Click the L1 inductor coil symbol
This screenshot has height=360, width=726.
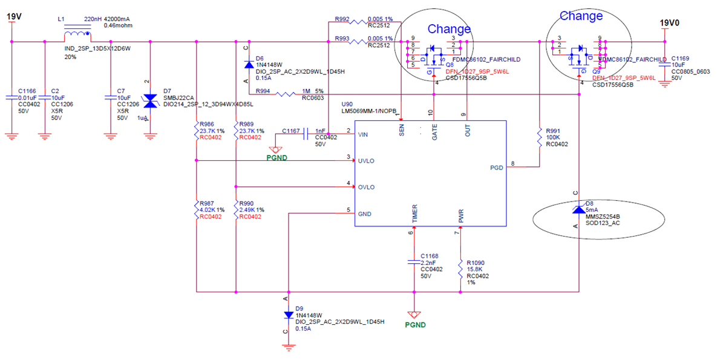click(x=76, y=36)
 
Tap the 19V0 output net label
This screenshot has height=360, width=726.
click(x=669, y=23)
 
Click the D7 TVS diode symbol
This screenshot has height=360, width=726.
click(x=150, y=100)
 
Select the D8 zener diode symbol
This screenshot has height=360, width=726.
click(x=579, y=208)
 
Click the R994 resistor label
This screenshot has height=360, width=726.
click(x=264, y=90)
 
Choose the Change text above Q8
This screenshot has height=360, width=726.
click(x=449, y=29)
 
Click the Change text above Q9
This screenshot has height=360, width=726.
click(x=581, y=16)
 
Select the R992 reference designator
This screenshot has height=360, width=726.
click(x=342, y=19)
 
